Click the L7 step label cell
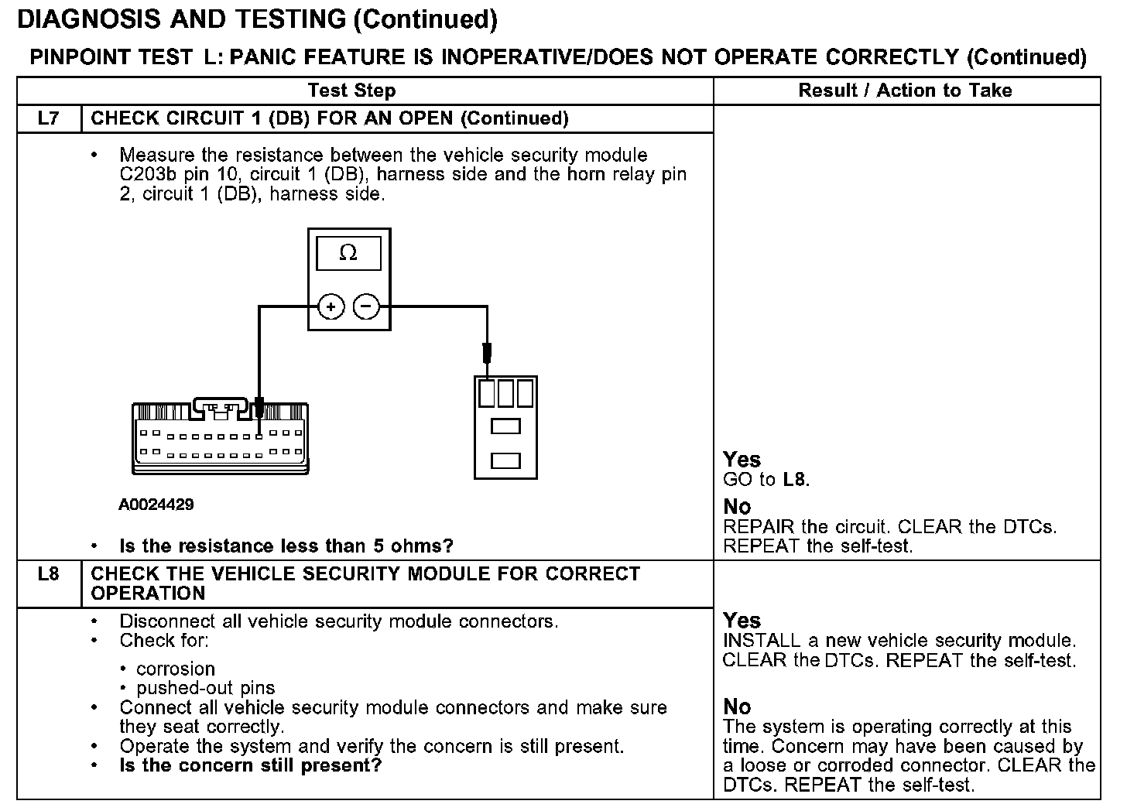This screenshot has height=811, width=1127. tap(48, 118)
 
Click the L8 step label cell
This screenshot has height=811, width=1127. tap(48, 575)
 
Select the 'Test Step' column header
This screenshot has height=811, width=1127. tap(351, 91)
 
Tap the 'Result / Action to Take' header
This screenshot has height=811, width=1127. tap(905, 91)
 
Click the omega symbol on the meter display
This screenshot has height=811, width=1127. tap(348, 253)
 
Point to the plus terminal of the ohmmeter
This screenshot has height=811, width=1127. tap(331, 307)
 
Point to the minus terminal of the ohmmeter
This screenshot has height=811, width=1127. tap(366, 307)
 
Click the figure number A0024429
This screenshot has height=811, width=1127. tap(156, 505)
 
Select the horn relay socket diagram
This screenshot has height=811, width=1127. tap(505, 427)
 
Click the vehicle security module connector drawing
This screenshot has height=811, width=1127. tap(221, 438)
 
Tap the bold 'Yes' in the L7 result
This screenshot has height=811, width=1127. tap(742, 460)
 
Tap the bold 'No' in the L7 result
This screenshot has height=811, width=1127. tap(737, 507)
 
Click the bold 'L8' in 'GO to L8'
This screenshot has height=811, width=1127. tap(794, 480)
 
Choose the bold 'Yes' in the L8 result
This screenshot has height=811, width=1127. tap(742, 621)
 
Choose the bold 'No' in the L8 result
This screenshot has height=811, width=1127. tap(737, 707)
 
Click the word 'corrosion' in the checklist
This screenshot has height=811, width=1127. tap(176, 669)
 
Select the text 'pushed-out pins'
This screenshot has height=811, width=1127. tap(205, 688)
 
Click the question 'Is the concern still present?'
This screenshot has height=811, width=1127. tap(251, 766)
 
